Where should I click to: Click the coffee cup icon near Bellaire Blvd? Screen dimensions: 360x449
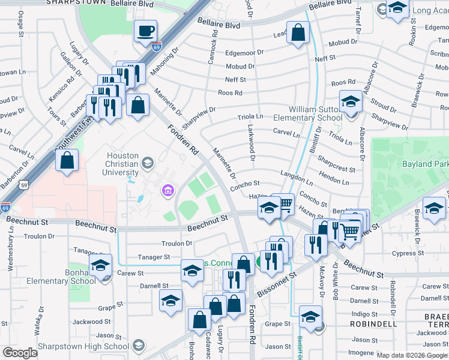[x=145, y=31]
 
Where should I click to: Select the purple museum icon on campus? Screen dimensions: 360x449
[x=167, y=191]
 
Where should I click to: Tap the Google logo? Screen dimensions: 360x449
[x=20, y=353]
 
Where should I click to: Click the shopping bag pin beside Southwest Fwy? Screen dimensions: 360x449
[x=67, y=160]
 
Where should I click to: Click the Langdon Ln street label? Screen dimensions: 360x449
[x=297, y=177]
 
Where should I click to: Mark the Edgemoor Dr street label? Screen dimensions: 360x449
[x=244, y=52]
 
